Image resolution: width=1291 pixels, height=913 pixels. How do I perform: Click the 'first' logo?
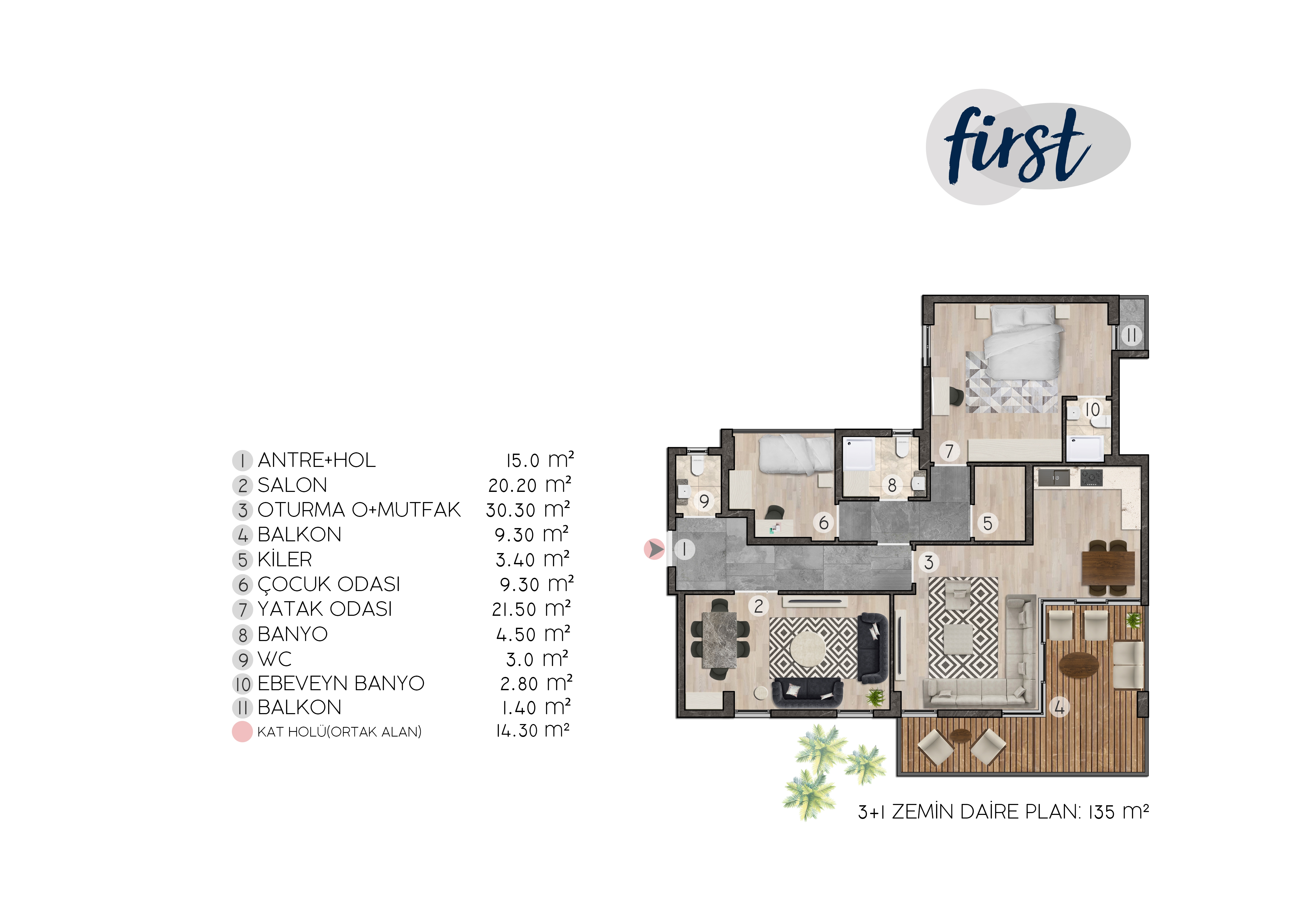coord(1028,147)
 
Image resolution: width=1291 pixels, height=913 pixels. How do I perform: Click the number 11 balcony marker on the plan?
coord(1131,336)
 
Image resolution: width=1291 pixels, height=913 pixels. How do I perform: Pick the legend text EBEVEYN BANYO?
coord(341,683)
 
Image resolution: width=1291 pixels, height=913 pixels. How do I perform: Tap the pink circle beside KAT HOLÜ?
coord(242,732)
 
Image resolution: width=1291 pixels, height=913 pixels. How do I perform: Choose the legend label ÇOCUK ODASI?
coord(329,584)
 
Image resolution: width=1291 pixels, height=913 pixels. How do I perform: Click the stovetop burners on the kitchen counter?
coord(1091,478)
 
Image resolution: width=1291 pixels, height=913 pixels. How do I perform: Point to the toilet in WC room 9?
coord(697,466)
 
